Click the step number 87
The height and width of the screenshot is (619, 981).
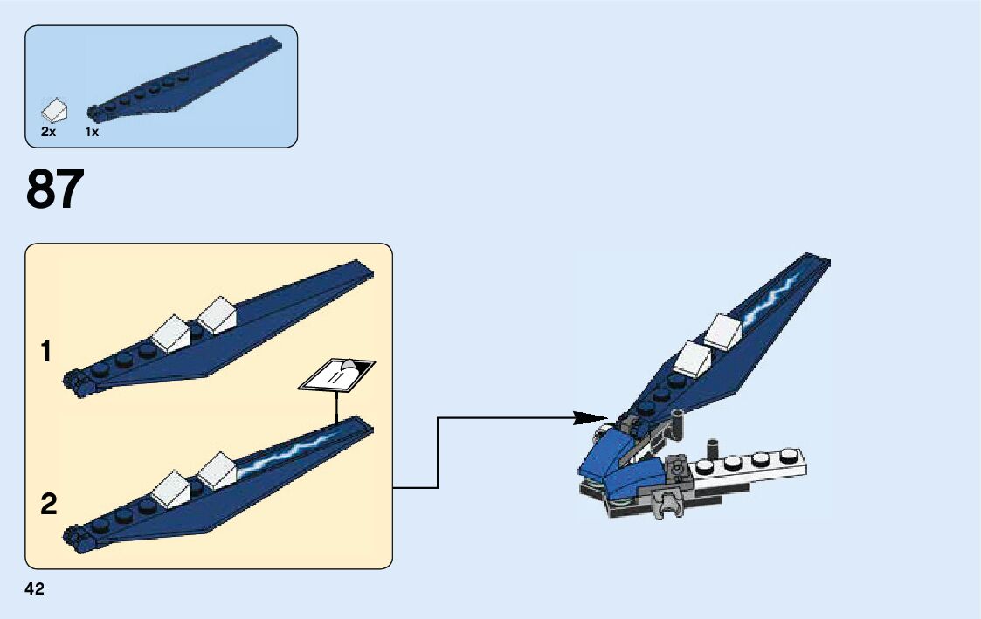pyautogui.click(x=56, y=189)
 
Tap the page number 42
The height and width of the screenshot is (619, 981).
pyautogui.click(x=35, y=589)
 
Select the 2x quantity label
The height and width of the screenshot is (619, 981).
pyautogui.click(x=48, y=132)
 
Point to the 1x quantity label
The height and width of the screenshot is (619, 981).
pyautogui.click(x=92, y=132)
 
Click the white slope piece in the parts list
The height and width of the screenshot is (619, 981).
pyautogui.click(x=54, y=111)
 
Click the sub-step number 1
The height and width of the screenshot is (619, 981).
pyautogui.click(x=46, y=353)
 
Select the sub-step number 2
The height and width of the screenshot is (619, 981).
pyautogui.click(x=48, y=504)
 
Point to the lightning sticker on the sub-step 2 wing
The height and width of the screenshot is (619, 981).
pyautogui.click(x=288, y=453)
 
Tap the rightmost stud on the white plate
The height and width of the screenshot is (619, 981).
pyautogui.click(x=791, y=454)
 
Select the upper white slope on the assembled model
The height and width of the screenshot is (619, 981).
pyautogui.click(x=722, y=331)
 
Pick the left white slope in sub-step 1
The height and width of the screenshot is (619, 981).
pyautogui.click(x=171, y=331)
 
